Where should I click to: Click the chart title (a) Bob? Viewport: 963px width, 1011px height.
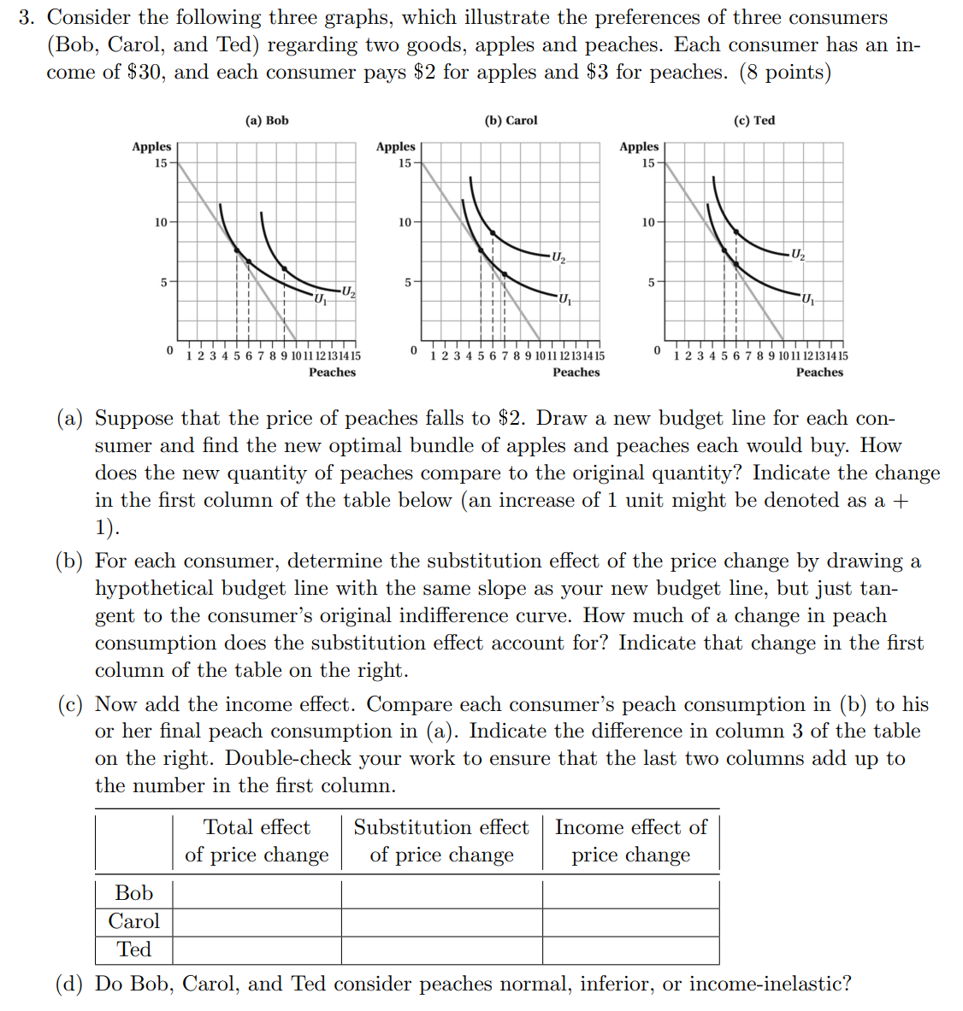click(x=267, y=120)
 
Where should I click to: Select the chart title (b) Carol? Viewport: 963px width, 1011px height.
click(x=511, y=120)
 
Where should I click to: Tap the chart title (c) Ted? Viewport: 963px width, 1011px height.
click(x=754, y=120)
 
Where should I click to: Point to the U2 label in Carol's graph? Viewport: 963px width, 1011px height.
click(x=558, y=256)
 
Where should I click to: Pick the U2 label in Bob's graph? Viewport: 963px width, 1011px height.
click(x=347, y=292)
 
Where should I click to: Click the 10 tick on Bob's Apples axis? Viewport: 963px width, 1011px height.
click(x=161, y=222)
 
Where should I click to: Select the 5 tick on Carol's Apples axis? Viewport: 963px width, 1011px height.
click(x=408, y=281)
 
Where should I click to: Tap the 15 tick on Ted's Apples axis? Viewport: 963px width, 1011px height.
click(x=648, y=163)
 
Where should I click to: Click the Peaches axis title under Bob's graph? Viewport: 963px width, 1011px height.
click(x=332, y=372)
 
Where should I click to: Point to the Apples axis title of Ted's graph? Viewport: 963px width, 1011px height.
click(x=639, y=147)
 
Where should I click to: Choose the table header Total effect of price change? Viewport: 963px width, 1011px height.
click(x=257, y=841)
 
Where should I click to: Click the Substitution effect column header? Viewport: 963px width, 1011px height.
click(x=441, y=841)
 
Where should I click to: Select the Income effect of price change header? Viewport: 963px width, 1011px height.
click(x=631, y=841)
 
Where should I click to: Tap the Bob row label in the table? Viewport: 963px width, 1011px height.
click(x=134, y=893)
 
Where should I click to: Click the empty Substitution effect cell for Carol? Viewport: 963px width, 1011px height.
click(x=441, y=921)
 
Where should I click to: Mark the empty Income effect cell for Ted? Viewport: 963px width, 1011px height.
click(x=631, y=949)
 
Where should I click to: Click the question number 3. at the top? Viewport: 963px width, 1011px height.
click(x=27, y=18)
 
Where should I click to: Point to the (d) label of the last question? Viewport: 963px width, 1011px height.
click(x=69, y=984)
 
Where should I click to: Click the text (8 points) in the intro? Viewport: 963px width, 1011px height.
click(x=785, y=73)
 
